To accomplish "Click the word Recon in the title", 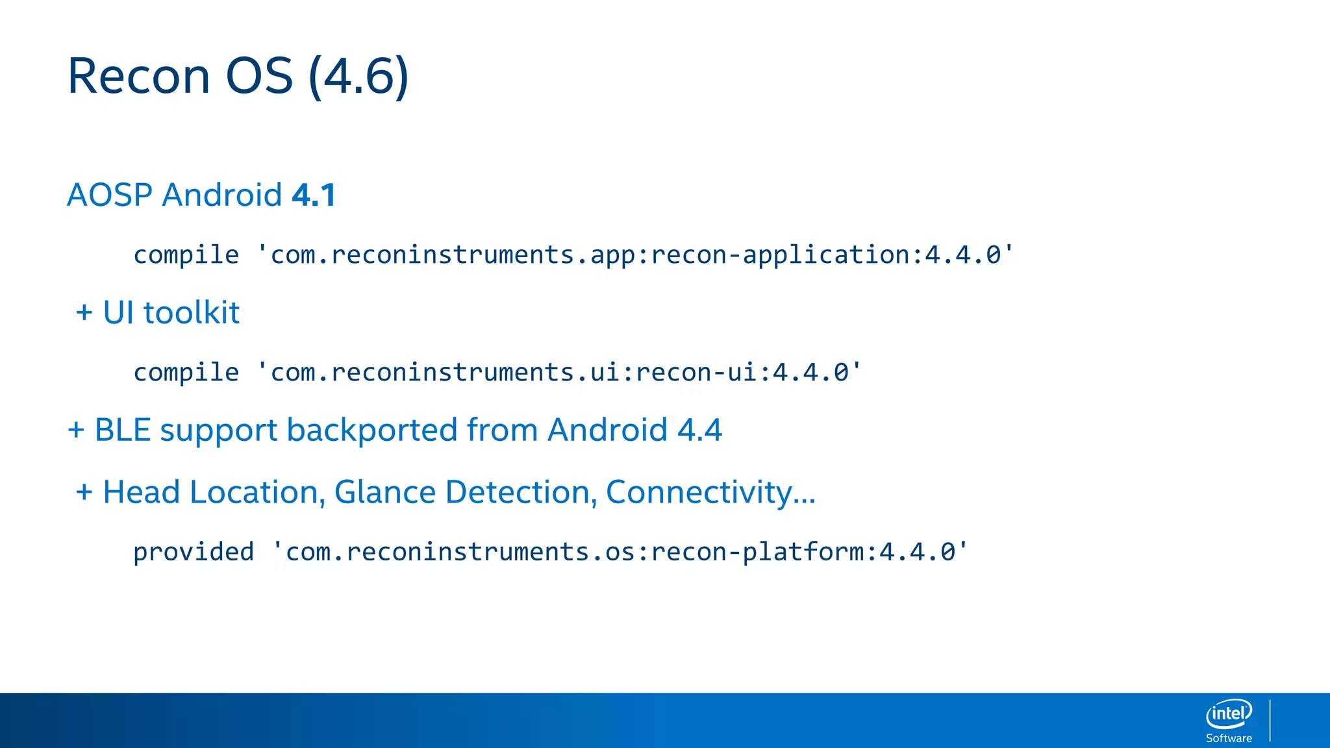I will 139,77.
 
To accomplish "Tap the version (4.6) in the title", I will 358,77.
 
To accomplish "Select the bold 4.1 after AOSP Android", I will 314,195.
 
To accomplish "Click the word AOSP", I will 110,195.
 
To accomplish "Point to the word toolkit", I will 191,313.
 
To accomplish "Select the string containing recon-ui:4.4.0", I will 559,372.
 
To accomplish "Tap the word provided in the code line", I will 193,552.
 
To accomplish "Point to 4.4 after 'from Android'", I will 699,430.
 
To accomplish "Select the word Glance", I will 384,492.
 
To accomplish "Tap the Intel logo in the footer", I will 1229,714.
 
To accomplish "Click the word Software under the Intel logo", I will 1229,738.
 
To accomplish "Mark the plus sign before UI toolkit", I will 84,313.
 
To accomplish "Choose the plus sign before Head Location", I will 84,492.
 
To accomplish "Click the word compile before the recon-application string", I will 186,255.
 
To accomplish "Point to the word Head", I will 141,492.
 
